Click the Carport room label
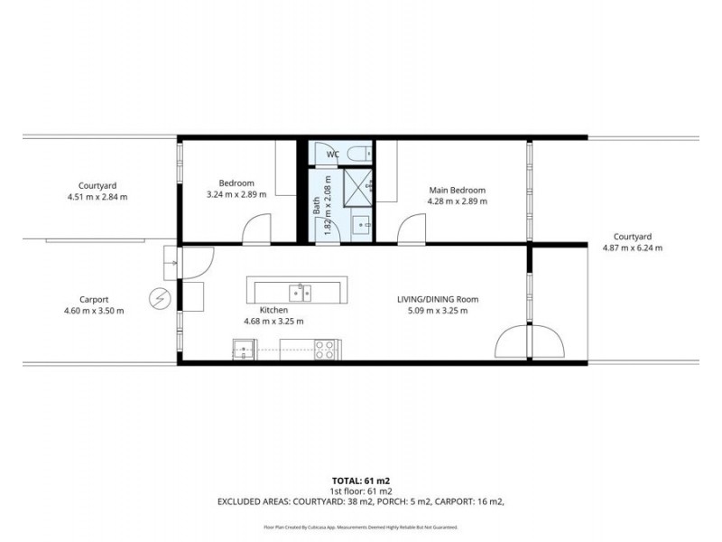pyautogui.click(x=94, y=300)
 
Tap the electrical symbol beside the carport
pyautogui.click(x=160, y=298)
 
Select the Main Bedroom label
pyautogui.click(x=457, y=190)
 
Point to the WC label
pyautogui.click(x=332, y=154)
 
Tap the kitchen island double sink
pyautogui.click(x=300, y=292)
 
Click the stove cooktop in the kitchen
pyautogui.click(x=325, y=350)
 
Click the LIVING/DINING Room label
pyautogui.click(x=438, y=299)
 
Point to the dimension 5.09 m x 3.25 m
pyautogui.click(x=438, y=311)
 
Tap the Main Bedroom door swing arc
pyautogui.click(x=412, y=229)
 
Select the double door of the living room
pyautogui.click(x=530, y=342)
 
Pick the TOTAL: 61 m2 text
pyautogui.click(x=360, y=481)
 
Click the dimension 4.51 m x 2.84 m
pyautogui.click(x=97, y=196)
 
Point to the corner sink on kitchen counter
pyautogui.click(x=244, y=350)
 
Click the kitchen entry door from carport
pyautogui.click(x=196, y=261)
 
